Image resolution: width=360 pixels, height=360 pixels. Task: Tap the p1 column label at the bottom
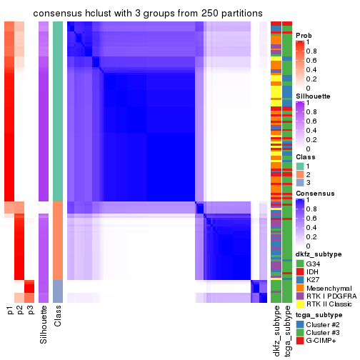click(9, 311)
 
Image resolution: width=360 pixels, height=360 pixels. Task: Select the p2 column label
click(20, 311)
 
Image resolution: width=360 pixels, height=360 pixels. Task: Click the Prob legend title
click(304, 35)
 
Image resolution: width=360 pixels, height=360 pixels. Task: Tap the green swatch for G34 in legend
click(300, 264)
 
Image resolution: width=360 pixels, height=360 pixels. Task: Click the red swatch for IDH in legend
click(300, 273)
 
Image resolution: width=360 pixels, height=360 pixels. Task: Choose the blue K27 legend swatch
click(300, 281)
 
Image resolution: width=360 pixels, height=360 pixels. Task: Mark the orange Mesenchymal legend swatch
click(300, 289)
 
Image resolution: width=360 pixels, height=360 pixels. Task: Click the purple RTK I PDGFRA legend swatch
click(300, 297)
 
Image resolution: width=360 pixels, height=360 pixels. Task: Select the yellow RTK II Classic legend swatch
click(300, 306)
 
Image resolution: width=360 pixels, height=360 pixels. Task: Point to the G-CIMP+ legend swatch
click(300, 340)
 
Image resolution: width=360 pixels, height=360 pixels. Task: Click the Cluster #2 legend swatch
click(300, 324)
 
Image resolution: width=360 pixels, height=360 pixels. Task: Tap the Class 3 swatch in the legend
click(300, 182)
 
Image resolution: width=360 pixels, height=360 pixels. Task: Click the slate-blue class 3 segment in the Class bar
click(58, 291)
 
